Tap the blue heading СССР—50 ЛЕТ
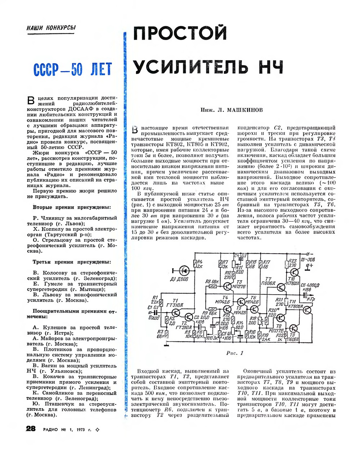[72, 70]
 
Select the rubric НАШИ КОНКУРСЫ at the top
[51, 28]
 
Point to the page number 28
[31, 428]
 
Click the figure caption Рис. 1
[235, 353]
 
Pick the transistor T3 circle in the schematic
[228, 286]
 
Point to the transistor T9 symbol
[293, 329]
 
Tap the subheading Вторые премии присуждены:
[72, 207]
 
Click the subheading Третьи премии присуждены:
[72, 262]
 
